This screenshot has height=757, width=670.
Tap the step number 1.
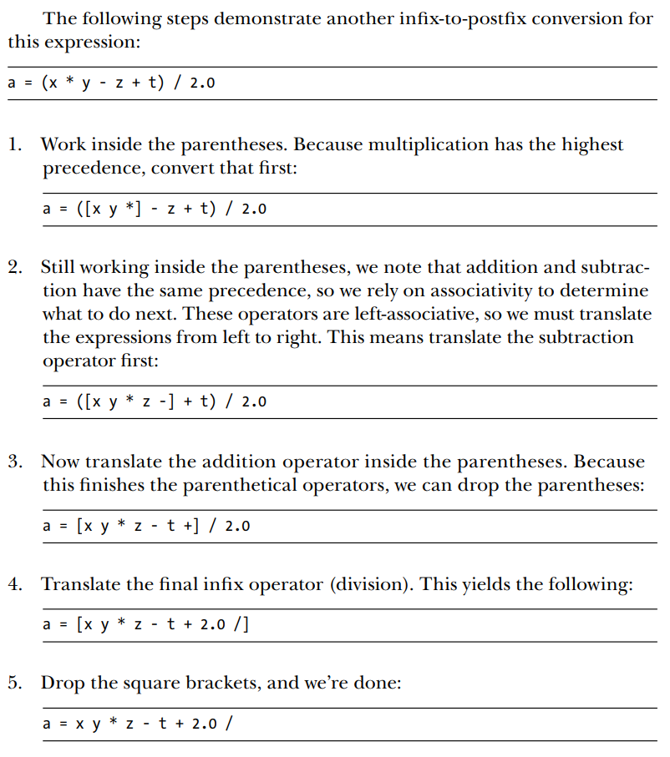15,144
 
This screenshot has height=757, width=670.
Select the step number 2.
15,268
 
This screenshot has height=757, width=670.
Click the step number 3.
15,462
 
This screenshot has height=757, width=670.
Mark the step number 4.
15,584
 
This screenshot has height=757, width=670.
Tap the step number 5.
15,683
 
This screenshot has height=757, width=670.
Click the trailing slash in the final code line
228,723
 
